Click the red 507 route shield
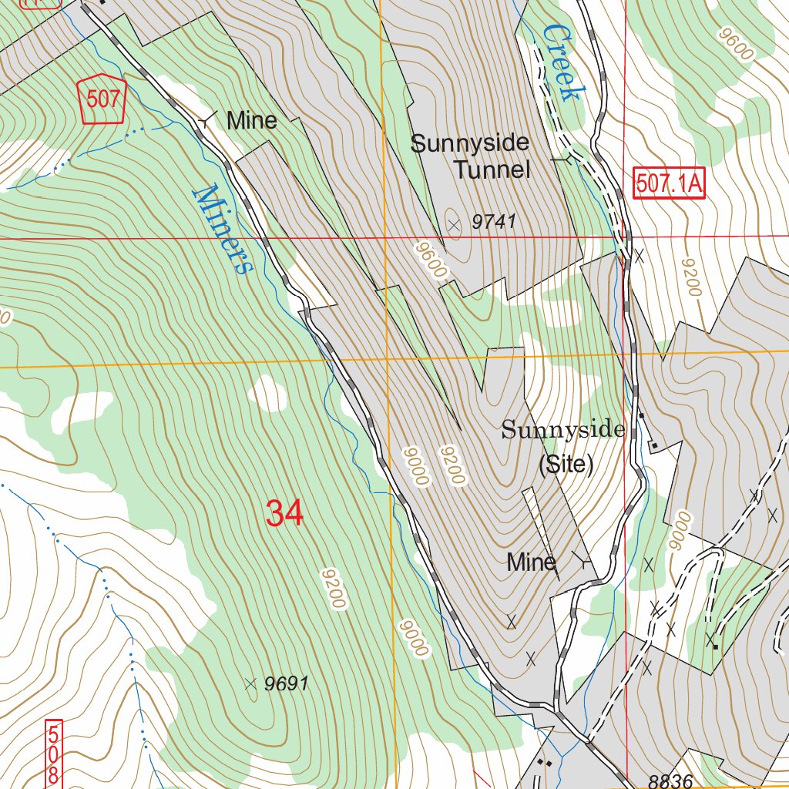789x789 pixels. [x=103, y=99]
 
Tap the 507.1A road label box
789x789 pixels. [x=670, y=184]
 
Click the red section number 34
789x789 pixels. [x=284, y=513]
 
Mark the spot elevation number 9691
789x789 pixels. [x=286, y=683]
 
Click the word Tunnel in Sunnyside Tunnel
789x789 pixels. [x=492, y=170]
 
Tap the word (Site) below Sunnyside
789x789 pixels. [x=566, y=465]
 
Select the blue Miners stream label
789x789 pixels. [x=223, y=229]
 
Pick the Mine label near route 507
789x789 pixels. [x=251, y=120]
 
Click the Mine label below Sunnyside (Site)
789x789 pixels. [x=531, y=562]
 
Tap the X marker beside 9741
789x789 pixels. [x=454, y=225]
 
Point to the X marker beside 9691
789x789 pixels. [x=250, y=683]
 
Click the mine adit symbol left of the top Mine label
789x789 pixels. [x=206, y=120]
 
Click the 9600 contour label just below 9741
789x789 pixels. [x=429, y=260]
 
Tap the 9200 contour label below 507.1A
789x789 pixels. [x=690, y=277]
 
